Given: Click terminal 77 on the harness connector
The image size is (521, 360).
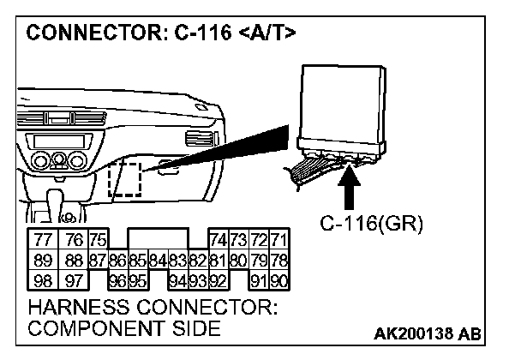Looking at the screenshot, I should [x=41, y=242].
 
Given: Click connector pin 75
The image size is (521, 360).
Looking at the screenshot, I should [x=97, y=242].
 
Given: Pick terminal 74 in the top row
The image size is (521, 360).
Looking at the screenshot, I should [x=217, y=242].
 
